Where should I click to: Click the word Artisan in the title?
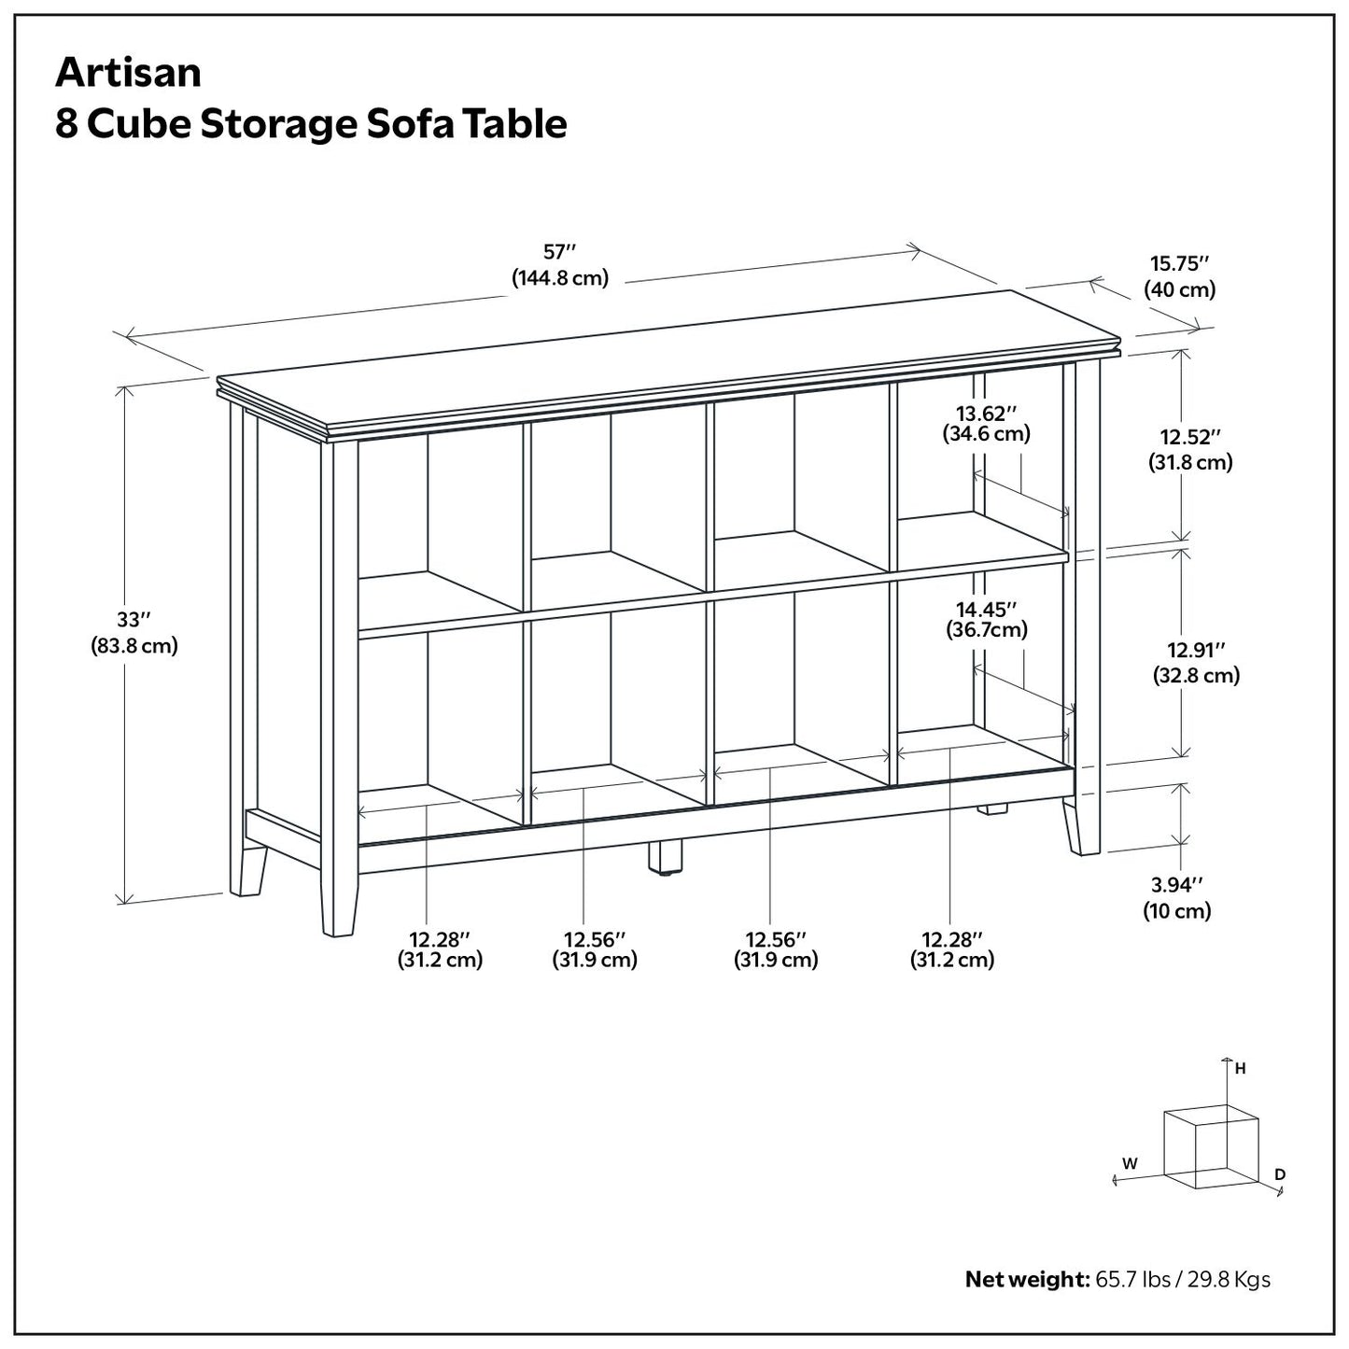[128, 73]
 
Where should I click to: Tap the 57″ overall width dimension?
[560, 252]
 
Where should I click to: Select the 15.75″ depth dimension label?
[1179, 263]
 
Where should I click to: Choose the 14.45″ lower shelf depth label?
[985, 610]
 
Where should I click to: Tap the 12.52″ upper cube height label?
[1190, 437]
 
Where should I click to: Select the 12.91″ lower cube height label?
[1196, 650]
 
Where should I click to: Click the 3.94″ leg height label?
[1177, 885]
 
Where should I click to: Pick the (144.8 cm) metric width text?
[560, 278]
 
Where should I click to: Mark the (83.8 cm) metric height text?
[134, 645]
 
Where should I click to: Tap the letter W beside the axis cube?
[1130, 1163]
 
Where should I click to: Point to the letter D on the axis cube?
[1280, 1173]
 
